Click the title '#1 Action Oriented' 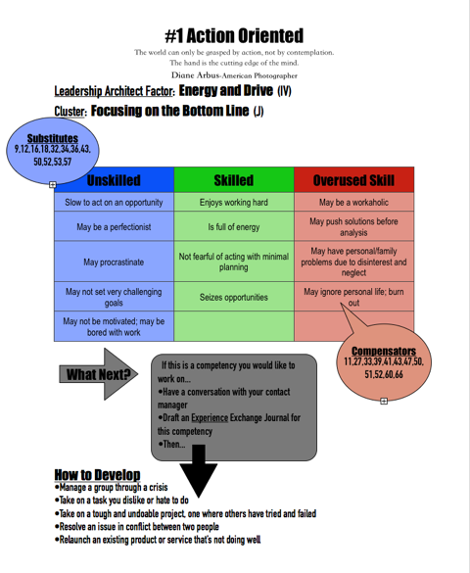coord(234,36)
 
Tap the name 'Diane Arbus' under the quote coord(196,75)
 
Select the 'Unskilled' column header coord(114,180)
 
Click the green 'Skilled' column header coord(234,180)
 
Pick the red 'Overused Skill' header coord(353,180)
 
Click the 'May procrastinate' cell coord(114,262)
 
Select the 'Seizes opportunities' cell coord(234,297)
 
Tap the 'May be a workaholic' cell coord(353,202)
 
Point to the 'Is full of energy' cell coord(234,226)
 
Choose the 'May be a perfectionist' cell coord(114,226)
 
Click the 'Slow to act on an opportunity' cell coord(114,202)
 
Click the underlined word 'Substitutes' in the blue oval coord(53,138)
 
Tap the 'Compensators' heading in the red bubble coord(384,351)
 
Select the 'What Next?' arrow coord(99,374)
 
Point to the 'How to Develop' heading coord(97,475)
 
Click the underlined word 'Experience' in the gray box coord(210,417)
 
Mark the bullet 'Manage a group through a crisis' coord(111,487)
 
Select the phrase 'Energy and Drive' coord(226,90)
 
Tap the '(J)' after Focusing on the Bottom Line coord(258,111)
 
